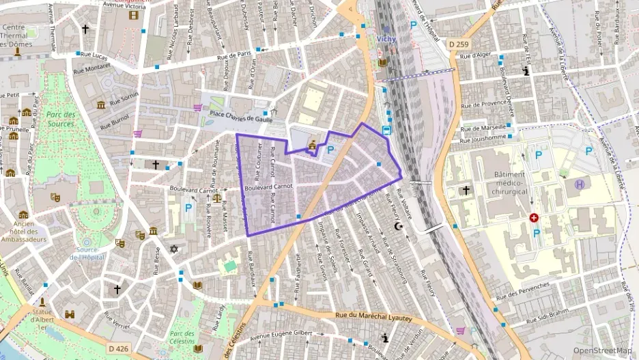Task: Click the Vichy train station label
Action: pyautogui.click(x=386, y=40)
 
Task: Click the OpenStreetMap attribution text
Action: pyautogui.click(x=601, y=350)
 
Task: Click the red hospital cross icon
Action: pyautogui.click(x=534, y=218)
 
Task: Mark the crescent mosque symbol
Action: pyautogui.click(x=399, y=226)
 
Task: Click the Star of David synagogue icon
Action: pyautogui.click(x=173, y=249)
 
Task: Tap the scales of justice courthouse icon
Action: pyautogui.click(x=217, y=199)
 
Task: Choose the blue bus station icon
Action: pyautogui.click(x=386, y=130)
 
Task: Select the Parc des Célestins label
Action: pyautogui.click(x=182, y=339)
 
